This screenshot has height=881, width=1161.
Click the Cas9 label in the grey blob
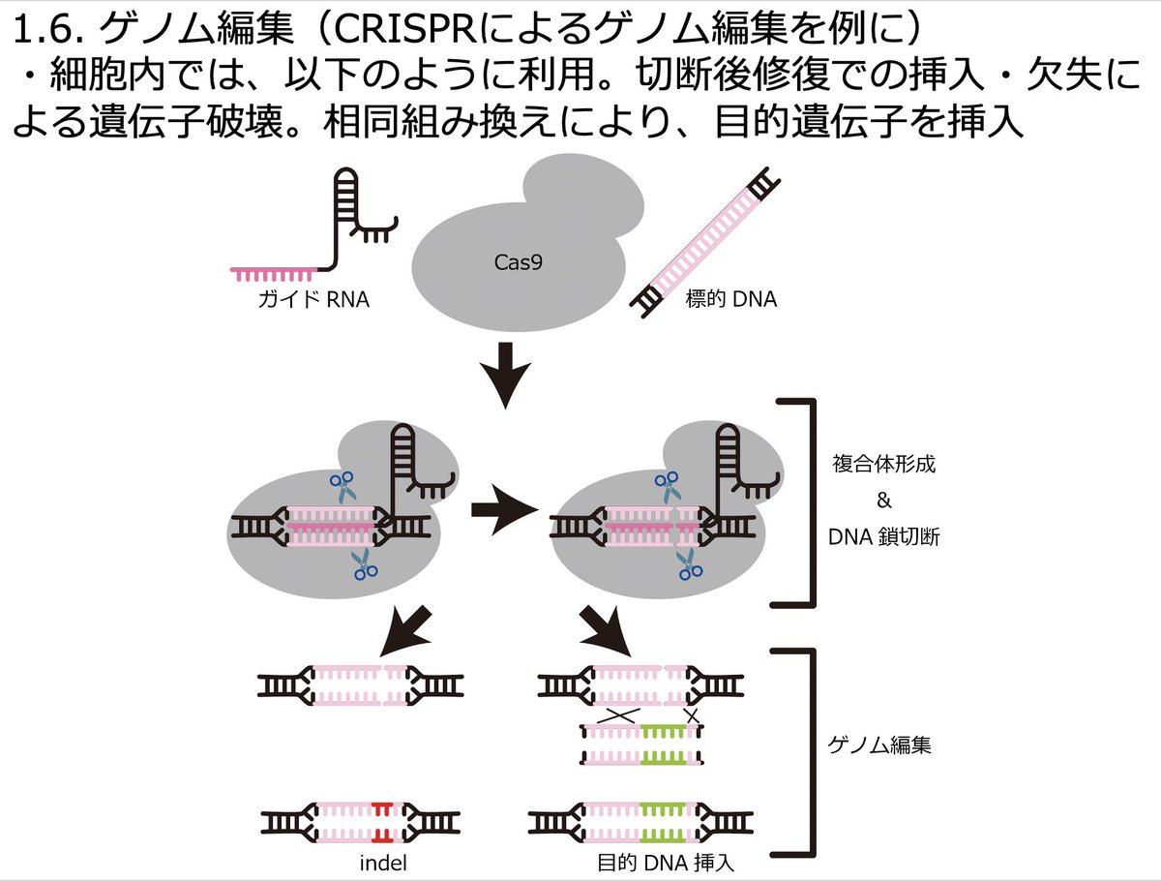pyautogui.click(x=518, y=262)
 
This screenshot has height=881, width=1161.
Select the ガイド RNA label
pyautogui.click(x=313, y=299)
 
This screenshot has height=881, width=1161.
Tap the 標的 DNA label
pyautogui.click(x=731, y=299)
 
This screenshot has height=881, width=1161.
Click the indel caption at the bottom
pyautogui.click(x=383, y=864)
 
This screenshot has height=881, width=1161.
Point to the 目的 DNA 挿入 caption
pyautogui.click(x=666, y=864)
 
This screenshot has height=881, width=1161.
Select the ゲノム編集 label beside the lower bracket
pyautogui.click(x=879, y=745)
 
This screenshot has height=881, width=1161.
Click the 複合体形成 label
pyautogui.click(x=884, y=464)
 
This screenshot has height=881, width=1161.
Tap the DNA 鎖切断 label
pyautogui.click(x=884, y=537)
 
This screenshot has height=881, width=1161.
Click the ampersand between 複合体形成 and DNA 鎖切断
pyautogui.click(x=884, y=501)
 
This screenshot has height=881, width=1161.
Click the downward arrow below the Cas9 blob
pyautogui.click(x=506, y=375)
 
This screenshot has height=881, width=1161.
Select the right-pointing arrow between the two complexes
pyautogui.click(x=504, y=509)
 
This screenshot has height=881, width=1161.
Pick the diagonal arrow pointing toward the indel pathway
pyautogui.click(x=407, y=632)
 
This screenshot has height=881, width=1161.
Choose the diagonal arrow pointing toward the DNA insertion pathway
pyautogui.click(x=606, y=631)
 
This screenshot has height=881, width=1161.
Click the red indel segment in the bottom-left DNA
pyautogui.click(x=381, y=823)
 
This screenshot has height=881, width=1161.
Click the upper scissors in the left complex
pyautogui.click(x=342, y=487)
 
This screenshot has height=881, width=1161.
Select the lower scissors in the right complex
pyautogui.click(x=689, y=564)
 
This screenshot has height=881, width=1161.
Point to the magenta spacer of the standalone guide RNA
pyautogui.click(x=274, y=275)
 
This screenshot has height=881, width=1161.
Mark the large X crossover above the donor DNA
pyautogui.click(x=618, y=715)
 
